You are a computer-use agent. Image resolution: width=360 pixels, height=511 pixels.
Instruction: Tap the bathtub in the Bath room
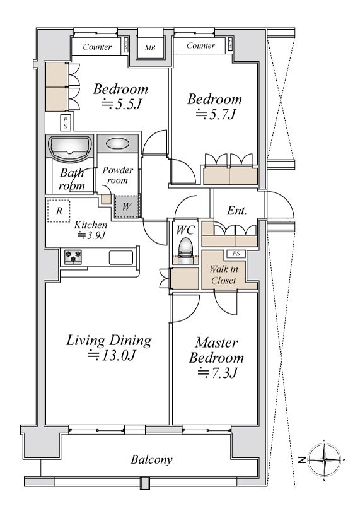click(x=69, y=148)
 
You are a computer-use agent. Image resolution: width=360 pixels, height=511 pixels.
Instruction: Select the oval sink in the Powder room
click(x=117, y=143)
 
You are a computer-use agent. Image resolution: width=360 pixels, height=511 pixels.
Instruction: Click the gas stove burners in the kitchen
click(x=73, y=256)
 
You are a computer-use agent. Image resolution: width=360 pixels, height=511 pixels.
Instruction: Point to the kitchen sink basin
click(x=121, y=258)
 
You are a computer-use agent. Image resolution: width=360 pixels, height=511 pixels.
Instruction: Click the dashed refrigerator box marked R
click(x=59, y=211)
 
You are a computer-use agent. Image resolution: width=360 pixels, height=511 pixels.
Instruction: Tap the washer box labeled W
click(x=127, y=206)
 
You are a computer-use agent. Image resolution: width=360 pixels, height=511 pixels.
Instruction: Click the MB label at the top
click(x=150, y=48)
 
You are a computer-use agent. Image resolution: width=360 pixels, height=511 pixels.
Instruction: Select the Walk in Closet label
click(x=223, y=274)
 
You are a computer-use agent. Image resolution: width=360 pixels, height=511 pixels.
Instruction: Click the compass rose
click(x=325, y=460)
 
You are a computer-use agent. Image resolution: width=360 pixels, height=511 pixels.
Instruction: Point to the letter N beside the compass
click(x=302, y=460)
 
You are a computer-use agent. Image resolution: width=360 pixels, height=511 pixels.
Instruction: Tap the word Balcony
click(x=151, y=460)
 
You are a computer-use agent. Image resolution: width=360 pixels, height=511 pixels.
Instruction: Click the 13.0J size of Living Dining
click(x=112, y=355)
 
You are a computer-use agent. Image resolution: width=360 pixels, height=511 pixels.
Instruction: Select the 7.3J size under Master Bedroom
click(x=218, y=372)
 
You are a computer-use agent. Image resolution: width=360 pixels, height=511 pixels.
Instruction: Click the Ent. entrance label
click(x=237, y=211)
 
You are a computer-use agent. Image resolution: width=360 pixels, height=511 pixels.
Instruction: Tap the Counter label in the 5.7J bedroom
click(x=200, y=45)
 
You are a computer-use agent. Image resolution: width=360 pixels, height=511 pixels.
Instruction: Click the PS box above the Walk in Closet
click(x=236, y=254)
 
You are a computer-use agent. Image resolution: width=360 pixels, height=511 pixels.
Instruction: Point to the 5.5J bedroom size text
click(x=121, y=104)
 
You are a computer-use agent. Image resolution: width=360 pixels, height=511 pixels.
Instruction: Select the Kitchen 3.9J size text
click(x=91, y=235)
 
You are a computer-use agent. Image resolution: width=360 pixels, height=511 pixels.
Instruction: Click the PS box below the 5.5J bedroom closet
click(x=65, y=122)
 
